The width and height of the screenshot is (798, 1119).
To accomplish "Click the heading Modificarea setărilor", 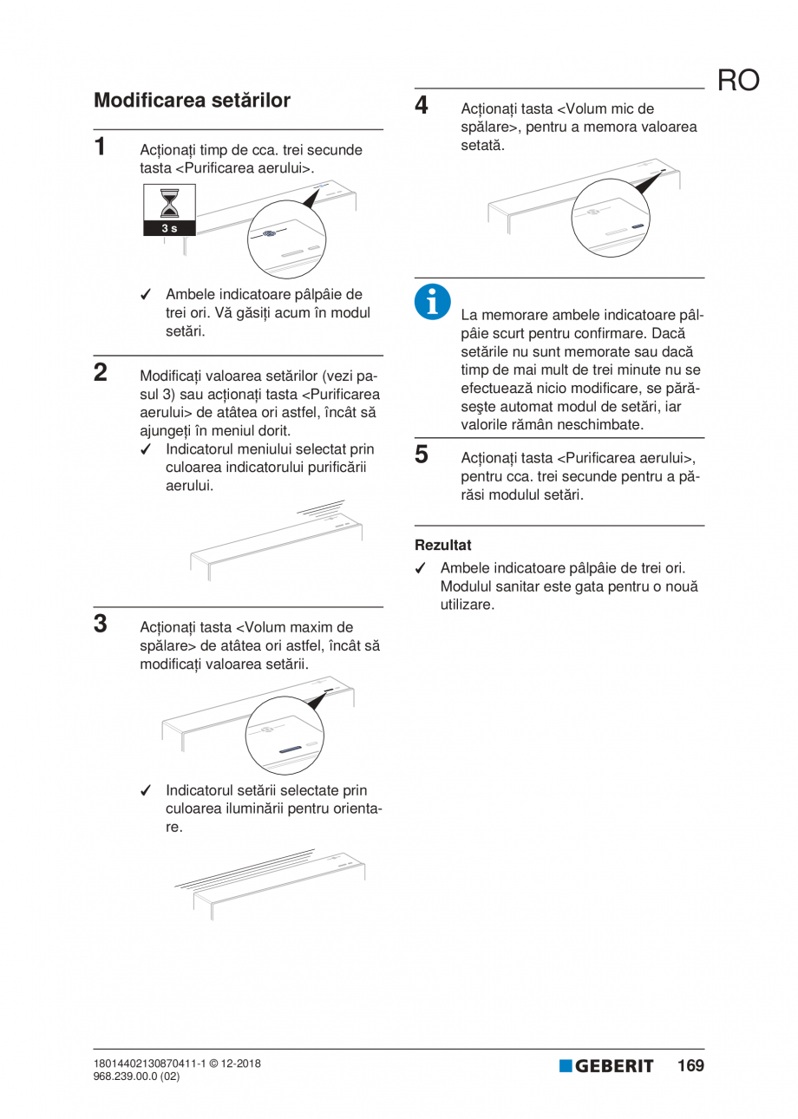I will (192, 101).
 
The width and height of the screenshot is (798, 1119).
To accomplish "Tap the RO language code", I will (738, 81).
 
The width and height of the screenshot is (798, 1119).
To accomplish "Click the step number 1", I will (101, 146).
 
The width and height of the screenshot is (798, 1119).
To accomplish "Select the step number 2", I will (101, 373).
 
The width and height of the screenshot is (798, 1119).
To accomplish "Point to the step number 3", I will (101, 623).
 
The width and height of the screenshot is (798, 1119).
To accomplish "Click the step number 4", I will (422, 106).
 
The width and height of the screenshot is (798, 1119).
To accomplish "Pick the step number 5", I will (422, 454).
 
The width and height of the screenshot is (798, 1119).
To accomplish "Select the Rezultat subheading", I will (442, 546).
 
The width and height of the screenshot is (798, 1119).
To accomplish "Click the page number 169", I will (690, 1065).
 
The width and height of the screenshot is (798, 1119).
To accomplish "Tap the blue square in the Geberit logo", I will (566, 1066).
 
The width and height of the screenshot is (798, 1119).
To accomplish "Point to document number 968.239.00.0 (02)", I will (136, 1076).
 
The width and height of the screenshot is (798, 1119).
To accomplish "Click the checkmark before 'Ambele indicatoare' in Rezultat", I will (421, 569).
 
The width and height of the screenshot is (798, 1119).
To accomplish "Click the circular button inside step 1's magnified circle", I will (270, 234).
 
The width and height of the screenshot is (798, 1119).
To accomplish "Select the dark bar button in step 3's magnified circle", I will (289, 747).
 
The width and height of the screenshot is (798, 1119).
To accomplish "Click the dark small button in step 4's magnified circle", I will (638, 226).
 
